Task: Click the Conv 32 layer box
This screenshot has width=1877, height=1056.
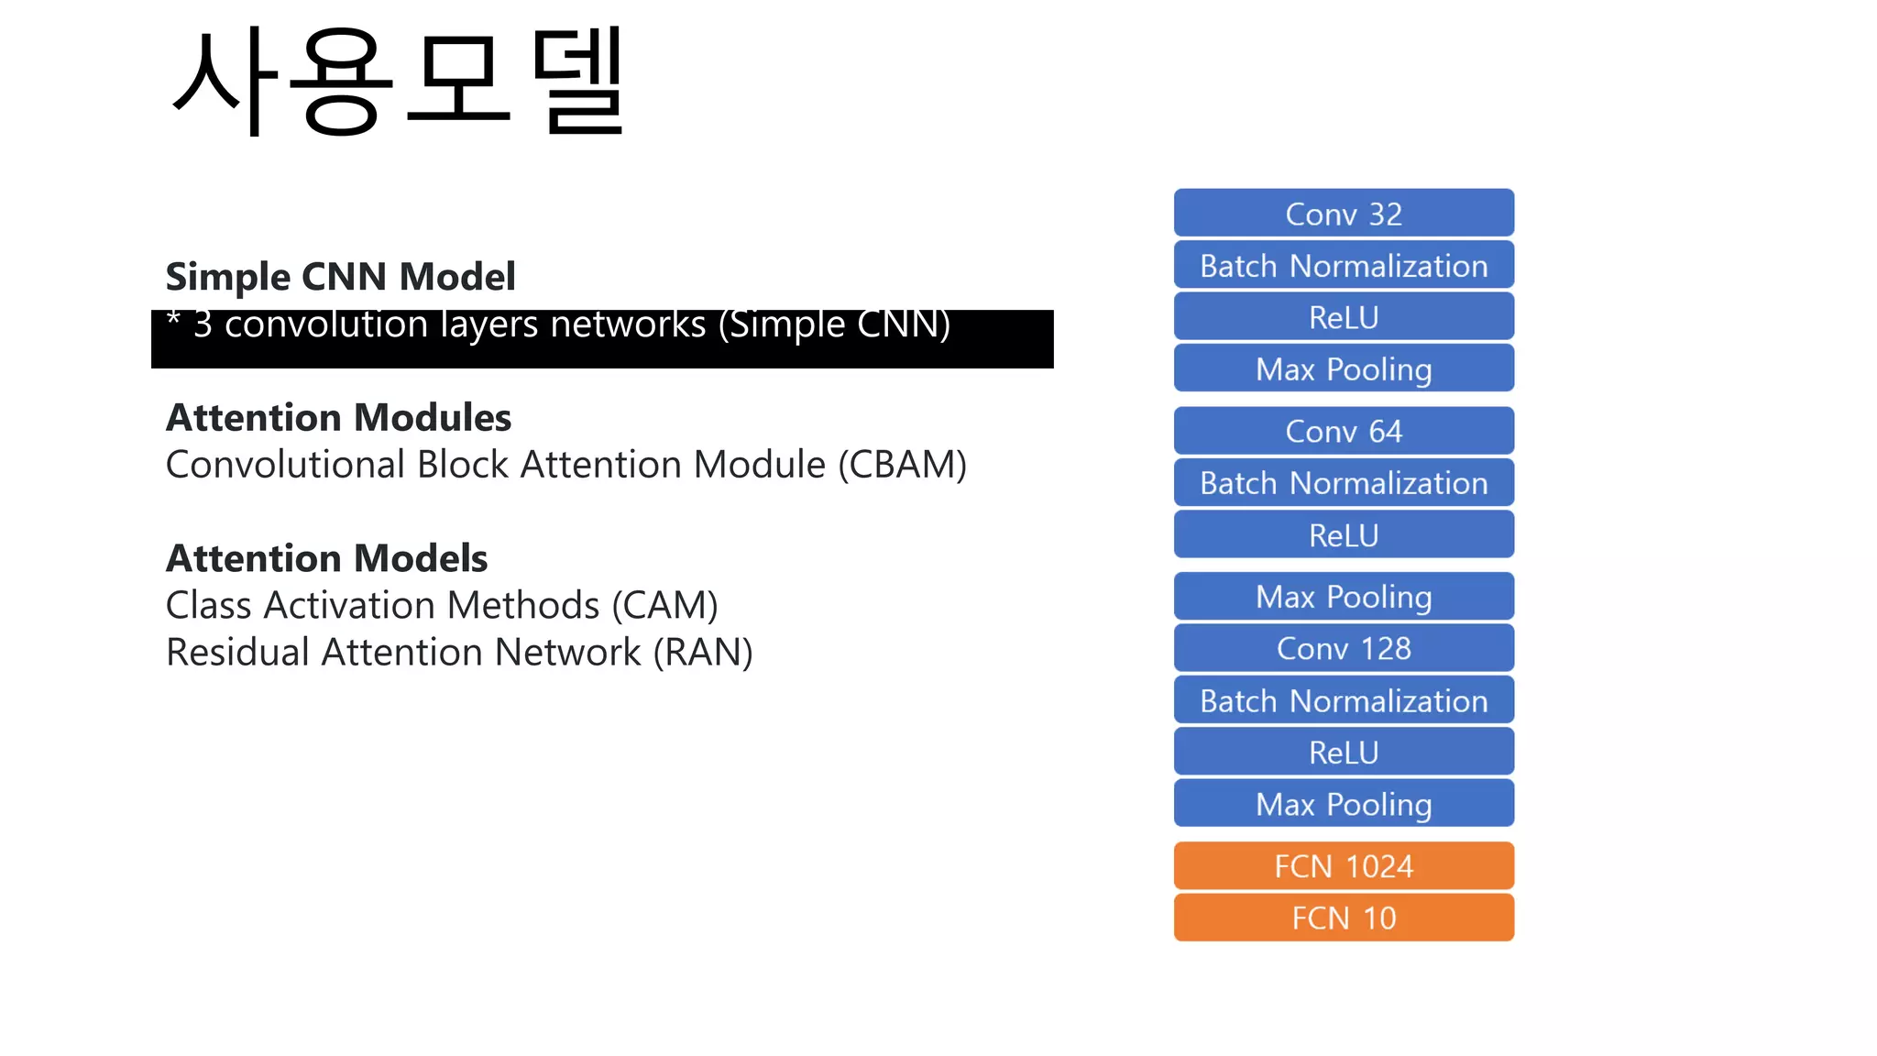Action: point(1344,214)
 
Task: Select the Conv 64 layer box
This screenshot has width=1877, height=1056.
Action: point(1344,431)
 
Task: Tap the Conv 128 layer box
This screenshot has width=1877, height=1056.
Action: point(1344,648)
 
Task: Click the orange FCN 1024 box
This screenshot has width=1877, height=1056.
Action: point(1344,866)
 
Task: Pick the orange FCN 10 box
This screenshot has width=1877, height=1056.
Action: point(1344,918)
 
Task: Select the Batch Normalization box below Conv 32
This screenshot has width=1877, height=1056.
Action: point(1344,266)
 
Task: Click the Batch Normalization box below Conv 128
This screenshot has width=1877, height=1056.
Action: point(1344,701)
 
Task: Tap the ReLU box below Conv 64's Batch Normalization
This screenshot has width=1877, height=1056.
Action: point(1344,535)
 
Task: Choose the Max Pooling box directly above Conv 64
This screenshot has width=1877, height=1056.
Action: point(1344,369)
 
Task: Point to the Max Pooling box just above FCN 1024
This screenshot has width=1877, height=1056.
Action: point(1344,804)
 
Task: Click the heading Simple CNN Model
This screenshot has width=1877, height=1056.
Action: point(340,277)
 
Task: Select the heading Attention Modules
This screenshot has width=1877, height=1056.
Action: point(338,418)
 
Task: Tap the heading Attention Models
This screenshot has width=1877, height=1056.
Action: point(326,558)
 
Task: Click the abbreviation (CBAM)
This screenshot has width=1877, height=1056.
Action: point(902,465)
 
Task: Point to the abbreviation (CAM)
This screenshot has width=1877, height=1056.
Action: point(664,606)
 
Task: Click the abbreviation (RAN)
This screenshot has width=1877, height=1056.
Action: point(702,653)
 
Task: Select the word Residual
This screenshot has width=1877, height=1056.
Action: point(237,653)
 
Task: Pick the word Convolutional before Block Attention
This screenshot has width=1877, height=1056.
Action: point(285,465)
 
